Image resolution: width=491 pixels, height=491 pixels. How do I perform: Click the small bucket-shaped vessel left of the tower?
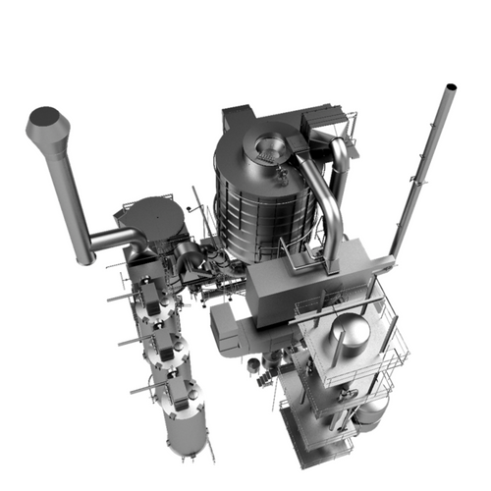pos(253,364)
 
